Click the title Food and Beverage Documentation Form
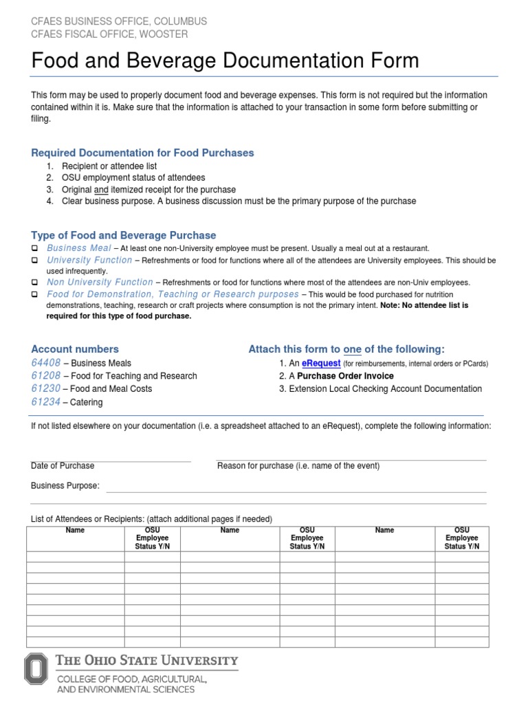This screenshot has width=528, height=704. tap(225, 60)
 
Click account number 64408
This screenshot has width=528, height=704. tap(46, 362)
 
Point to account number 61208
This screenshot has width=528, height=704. tap(46, 375)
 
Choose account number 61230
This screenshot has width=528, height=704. tap(46, 388)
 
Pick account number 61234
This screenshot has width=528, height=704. tap(46, 401)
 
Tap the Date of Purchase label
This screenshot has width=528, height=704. tap(63, 466)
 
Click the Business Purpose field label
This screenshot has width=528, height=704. tap(65, 486)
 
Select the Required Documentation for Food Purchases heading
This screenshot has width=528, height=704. tap(142, 153)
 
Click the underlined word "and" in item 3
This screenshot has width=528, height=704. tap(101, 189)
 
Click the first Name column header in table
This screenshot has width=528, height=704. tap(75, 530)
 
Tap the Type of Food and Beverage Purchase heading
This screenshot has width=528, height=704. tap(124, 235)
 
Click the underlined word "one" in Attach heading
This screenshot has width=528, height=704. tap(352, 349)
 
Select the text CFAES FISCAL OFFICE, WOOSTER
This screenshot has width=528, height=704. tap(109, 34)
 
